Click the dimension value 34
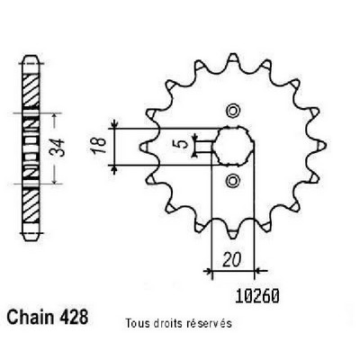click(x=58, y=148)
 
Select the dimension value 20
click(x=232, y=260)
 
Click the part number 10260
click(x=257, y=296)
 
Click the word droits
click(x=167, y=323)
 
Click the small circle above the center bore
click(x=233, y=112)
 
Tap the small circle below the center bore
click(x=233, y=181)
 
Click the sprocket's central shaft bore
click(x=233, y=146)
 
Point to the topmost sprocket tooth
click(x=233, y=58)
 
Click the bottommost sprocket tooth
click(x=233, y=233)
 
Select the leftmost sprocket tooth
click(x=146, y=146)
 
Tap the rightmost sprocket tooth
click(x=320, y=146)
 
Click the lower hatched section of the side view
click(x=31, y=206)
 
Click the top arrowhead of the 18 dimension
click(x=114, y=124)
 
